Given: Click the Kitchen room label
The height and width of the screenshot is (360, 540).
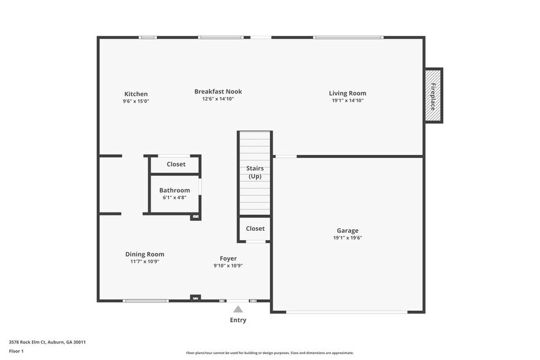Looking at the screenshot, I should click(x=136, y=94).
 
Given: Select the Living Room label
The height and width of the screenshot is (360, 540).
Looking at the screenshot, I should click(x=347, y=93).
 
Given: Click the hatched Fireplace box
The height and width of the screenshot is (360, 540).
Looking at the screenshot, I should click(x=433, y=96).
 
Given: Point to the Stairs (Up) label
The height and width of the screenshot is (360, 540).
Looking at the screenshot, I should click(x=255, y=172).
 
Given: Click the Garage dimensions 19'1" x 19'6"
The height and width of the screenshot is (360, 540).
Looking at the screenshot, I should click(x=347, y=238).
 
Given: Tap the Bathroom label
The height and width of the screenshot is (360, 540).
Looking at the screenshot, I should click(x=174, y=190).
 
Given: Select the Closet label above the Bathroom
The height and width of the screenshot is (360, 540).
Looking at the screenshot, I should click(x=176, y=164).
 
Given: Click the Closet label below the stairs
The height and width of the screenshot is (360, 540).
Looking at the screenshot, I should click(x=255, y=228).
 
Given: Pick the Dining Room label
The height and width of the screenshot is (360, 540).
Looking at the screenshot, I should click(x=144, y=254).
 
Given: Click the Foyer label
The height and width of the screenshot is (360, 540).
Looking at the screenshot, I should click(x=228, y=258).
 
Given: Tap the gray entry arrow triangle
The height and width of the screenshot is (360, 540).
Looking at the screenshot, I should click(x=238, y=309).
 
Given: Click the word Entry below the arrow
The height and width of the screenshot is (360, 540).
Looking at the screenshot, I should click(x=238, y=320).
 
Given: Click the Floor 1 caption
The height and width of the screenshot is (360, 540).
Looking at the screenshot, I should click(x=16, y=351).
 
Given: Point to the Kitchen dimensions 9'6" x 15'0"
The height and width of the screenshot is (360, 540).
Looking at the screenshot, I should click(x=136, y=101).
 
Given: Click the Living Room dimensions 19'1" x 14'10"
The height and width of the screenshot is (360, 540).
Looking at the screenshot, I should click(x=347, y=100).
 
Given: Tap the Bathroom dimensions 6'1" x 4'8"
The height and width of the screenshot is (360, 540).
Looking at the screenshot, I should click(x=174, y=198).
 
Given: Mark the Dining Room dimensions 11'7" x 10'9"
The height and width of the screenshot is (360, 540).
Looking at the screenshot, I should click(x=144, y=261).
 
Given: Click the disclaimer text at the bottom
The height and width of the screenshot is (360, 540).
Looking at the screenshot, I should click(x=269, y=353).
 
